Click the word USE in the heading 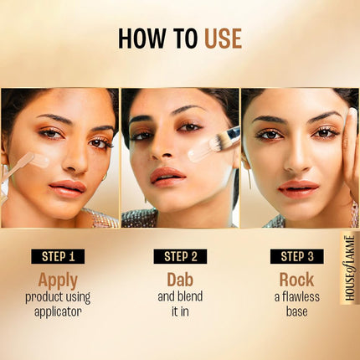point(223,39)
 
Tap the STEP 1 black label point(59,256)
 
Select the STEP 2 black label point(181,256)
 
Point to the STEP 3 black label point(298,256)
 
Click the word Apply point(58,280)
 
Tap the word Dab point(180,280)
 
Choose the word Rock point(297,280)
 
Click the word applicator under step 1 point(59,311)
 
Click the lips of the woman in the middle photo point(167,175)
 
